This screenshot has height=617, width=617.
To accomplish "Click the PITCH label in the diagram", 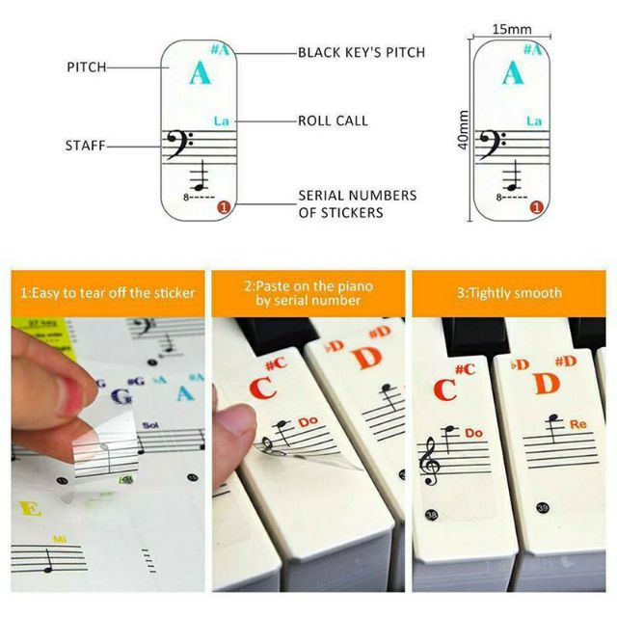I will click(86, 67).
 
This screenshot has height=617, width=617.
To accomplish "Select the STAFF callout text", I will click(84, 146).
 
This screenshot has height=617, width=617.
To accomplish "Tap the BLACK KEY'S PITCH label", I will click(361, 52).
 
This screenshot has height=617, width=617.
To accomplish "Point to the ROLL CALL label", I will click(333, 121).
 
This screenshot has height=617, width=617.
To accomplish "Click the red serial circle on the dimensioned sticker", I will click(535, 206).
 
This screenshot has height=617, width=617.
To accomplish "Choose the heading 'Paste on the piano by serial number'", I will click(308, 293).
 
